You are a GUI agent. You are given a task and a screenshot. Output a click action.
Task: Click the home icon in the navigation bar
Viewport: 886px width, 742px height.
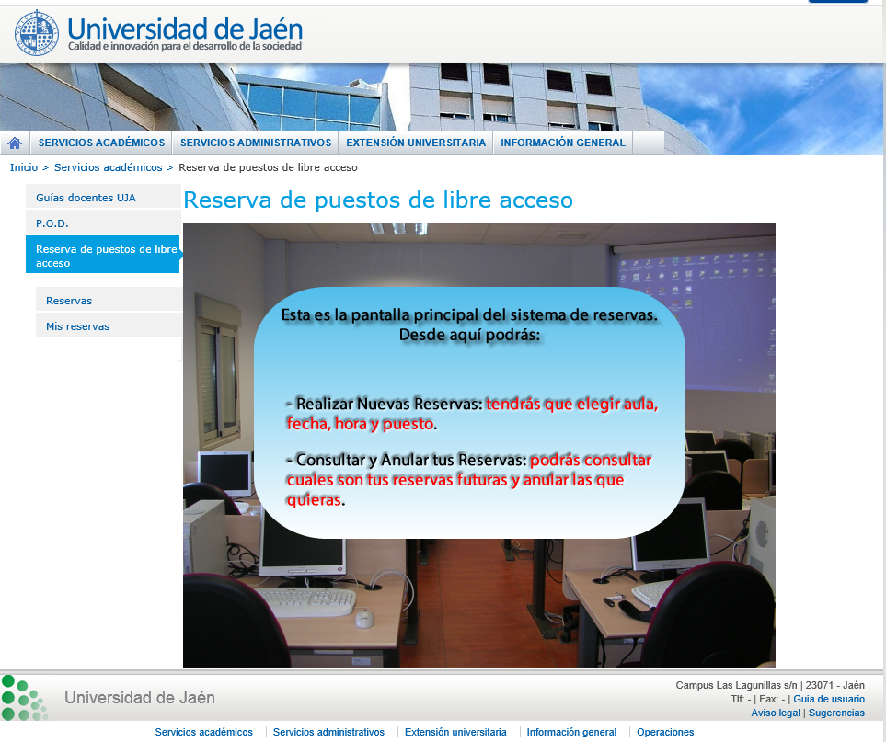15,143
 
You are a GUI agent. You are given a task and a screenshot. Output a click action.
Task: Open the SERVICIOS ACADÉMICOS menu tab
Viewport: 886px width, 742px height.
102,143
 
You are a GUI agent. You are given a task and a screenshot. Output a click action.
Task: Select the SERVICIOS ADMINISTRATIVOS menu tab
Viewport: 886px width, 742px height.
256,143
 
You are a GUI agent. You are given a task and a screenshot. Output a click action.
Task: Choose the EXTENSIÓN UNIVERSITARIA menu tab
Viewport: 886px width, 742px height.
416,143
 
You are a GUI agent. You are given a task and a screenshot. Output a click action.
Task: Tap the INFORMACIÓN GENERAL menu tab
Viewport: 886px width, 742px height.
563,143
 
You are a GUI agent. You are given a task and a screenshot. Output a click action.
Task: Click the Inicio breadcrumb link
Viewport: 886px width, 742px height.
24,167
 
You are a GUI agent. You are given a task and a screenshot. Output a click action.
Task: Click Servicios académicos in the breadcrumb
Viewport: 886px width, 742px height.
108,167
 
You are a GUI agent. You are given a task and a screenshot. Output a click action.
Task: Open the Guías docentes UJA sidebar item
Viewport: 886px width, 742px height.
86,198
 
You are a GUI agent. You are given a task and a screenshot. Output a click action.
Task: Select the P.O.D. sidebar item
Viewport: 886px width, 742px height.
52,223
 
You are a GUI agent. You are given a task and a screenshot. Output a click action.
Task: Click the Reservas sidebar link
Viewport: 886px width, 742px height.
69,301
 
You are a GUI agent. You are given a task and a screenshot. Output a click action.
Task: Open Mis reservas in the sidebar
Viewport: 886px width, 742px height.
77,326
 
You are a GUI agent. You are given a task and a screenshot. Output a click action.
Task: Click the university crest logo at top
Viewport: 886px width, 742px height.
36,33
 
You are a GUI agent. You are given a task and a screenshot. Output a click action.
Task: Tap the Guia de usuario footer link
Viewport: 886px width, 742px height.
828,699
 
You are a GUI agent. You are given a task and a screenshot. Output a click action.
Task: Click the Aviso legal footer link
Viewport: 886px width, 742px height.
776,713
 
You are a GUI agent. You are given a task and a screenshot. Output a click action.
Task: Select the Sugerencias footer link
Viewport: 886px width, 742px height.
836,713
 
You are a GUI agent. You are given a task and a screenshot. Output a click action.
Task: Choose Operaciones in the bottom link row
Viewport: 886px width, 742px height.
665,732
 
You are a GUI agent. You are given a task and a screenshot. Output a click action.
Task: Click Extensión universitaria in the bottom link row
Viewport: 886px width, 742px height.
455,732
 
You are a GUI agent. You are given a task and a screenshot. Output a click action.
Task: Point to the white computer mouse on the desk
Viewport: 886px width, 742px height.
364,618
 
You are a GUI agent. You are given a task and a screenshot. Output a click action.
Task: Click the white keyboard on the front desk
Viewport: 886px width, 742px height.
305,602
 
